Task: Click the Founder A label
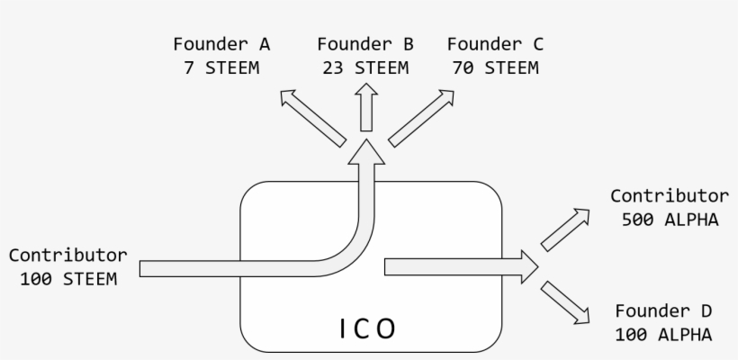pyautogui.click(x=222, y=43)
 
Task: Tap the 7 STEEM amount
pyautogui.click(x=222, y=67)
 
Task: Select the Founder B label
pyautogui.click(x=365, y=43)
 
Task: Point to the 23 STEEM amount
pyautogui.click(x=365, y=67)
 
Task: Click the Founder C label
pyautogui.click(x=495, y=43)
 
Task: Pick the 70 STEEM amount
pyautogui.click(x=495, y=67)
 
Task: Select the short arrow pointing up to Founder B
pyautogui.click(x=366, y=108)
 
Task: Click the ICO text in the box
pyautogui.click(x=367, y=329)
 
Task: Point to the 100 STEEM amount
pyautogui.click(x=68, y=278)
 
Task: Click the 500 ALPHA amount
pyautogui.click(x=670, y=219)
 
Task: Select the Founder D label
pyautogui.click(x=664, y=311)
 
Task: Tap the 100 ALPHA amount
pyautogui.click(x=664, y=335)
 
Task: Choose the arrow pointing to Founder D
pyautogui.click(x=565, y=301)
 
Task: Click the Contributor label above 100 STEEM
pyautogui.click(x=68, y=255)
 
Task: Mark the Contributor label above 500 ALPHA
pyautogui.click(x=670, y=195)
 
